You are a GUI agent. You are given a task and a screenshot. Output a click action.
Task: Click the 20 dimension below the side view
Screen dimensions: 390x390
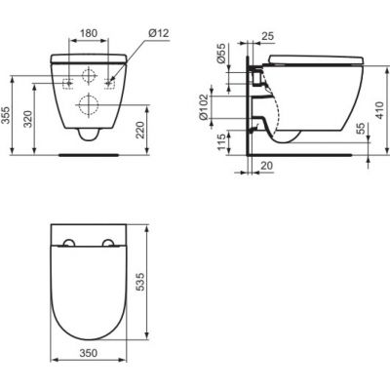pos(265,167)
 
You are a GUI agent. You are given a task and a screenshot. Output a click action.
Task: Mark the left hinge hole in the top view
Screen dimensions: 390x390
pos(67,244)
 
